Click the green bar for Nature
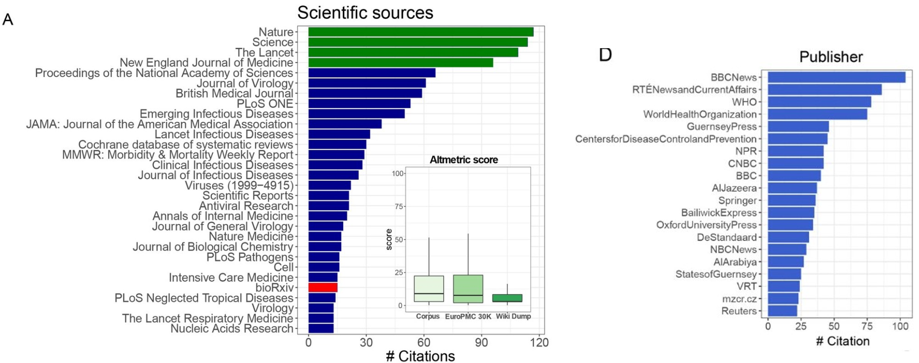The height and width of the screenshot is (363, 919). point(420,32)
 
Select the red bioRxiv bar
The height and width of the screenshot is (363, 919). point(323,288)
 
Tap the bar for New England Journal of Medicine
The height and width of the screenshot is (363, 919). point(400,63)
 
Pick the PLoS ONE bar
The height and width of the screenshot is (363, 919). point(359,104)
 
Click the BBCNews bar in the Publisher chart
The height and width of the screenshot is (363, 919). point(836,77)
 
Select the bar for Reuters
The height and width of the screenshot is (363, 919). point(782,311)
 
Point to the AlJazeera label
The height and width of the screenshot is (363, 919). point(734,188)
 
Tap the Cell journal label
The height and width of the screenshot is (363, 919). point(283,267)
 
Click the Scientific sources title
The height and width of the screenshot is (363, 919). point(365,12)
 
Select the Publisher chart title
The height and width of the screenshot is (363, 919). point(830,57)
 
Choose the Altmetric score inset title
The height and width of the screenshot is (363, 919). point(464,160)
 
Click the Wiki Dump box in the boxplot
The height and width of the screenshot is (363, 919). point(507,298)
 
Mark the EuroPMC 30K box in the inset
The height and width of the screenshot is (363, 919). point(468,289)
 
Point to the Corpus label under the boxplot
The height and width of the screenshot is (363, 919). point(428,316)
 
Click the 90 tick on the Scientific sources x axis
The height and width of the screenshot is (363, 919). point(481,343)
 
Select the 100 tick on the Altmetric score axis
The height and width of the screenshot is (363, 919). point(398,173)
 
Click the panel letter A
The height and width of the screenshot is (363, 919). point(8,20)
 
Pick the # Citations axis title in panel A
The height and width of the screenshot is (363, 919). point(420,356)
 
